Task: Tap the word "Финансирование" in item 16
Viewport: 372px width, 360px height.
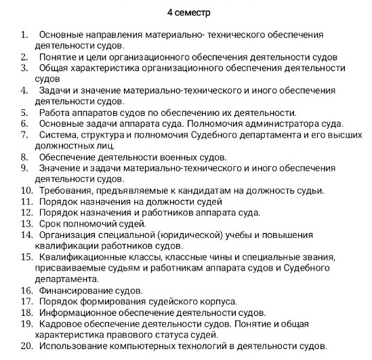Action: point(72,289)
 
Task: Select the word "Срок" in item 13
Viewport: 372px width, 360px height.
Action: point(51,223)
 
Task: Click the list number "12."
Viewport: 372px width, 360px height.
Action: point(27,212)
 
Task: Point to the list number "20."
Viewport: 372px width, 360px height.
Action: point(27,346)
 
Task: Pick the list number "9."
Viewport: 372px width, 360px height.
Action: point(25,168)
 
